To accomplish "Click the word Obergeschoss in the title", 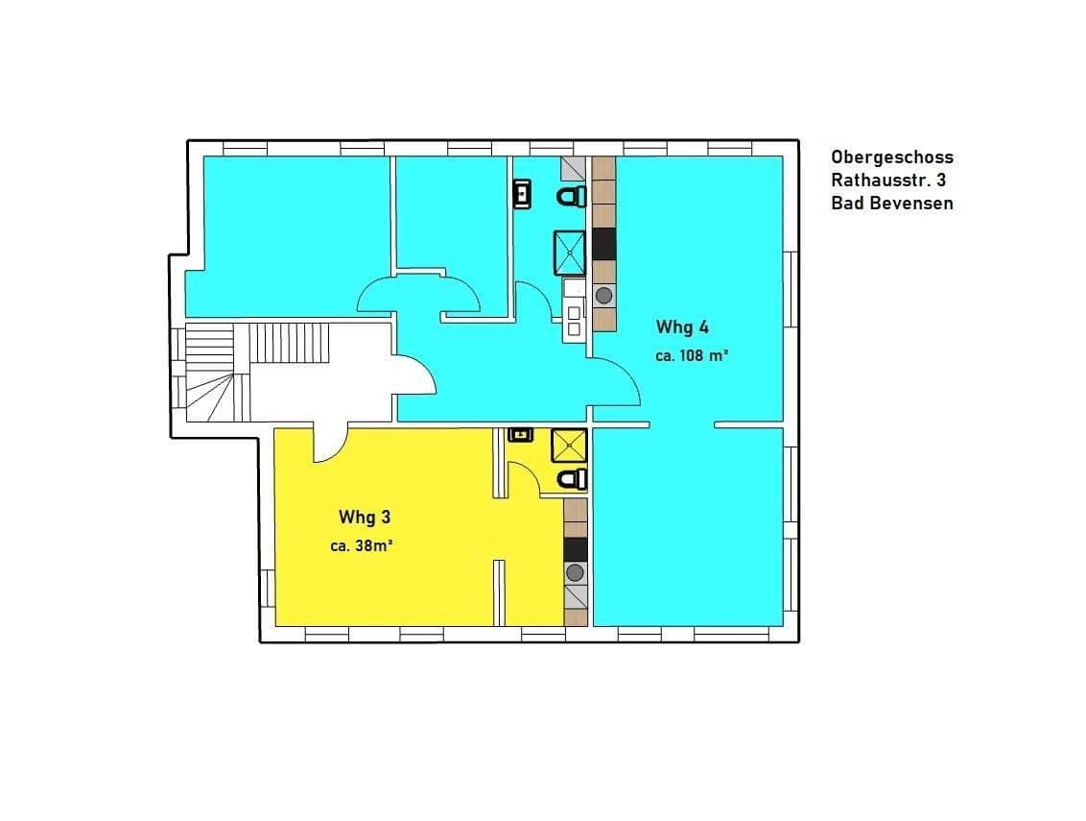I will coord(892,157).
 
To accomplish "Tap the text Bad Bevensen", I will coord(892,204).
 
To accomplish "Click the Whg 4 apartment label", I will coord(682,326).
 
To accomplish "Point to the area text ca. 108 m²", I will coord(692,355).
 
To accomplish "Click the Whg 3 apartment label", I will coord(365,518).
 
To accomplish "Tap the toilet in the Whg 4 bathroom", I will coord(573,197).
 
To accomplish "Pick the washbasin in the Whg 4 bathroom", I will coord(522,195).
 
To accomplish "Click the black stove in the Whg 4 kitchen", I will coord(603,244).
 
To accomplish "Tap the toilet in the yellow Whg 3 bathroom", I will coord(573,478).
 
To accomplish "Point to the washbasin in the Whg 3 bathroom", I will coord(521,435).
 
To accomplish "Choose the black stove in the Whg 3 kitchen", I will coord(575,548).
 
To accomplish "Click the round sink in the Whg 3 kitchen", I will coord(575,573).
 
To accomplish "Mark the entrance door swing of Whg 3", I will coord(329,444).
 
